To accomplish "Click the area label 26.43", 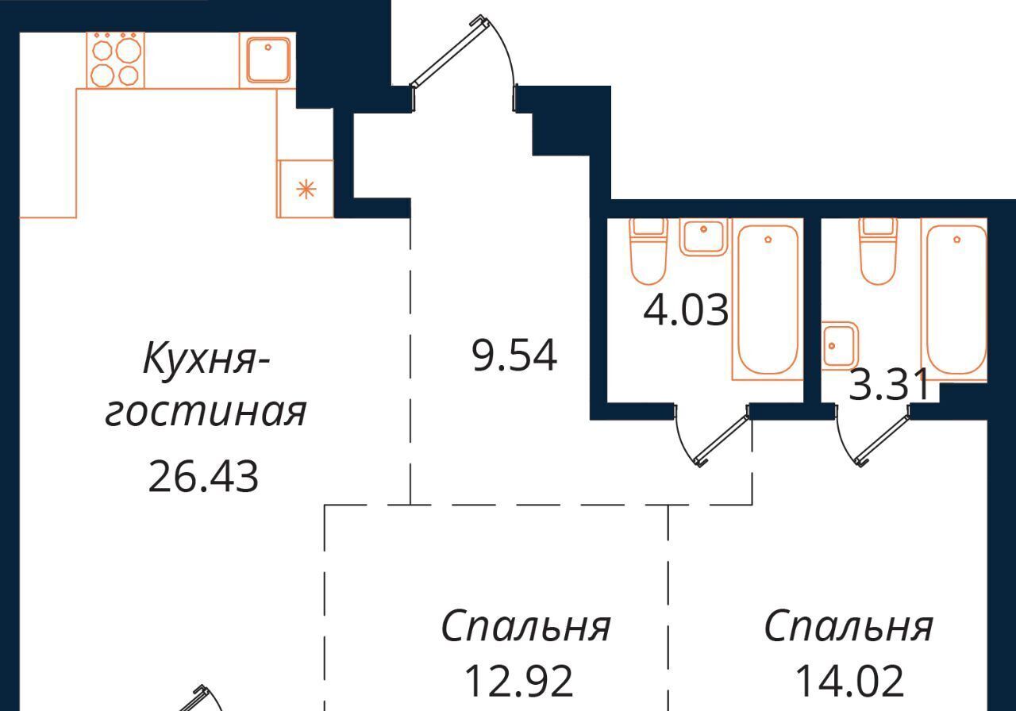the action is tap(203, 476).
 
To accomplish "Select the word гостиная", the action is tap(206, 413).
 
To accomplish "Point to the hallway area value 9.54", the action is tap(514, 356).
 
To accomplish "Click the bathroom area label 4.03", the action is tap(686, 310).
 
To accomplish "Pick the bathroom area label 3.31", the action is tap(888, 385).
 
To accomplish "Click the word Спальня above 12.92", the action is tap(526, 626).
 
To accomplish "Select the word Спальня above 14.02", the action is tap(849, 626).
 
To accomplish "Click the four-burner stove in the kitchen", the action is tap(115, 60).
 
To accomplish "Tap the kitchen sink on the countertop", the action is tap(267, 60).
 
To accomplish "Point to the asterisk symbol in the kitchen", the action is tap(306, 189).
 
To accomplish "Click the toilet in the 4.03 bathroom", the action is tap(648, 252).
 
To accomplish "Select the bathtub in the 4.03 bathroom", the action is tap(768, 299).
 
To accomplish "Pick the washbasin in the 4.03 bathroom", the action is tap(703, 236).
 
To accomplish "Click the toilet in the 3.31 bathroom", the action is tap(879, 252).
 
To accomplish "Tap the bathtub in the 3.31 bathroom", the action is tap(956, 299).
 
